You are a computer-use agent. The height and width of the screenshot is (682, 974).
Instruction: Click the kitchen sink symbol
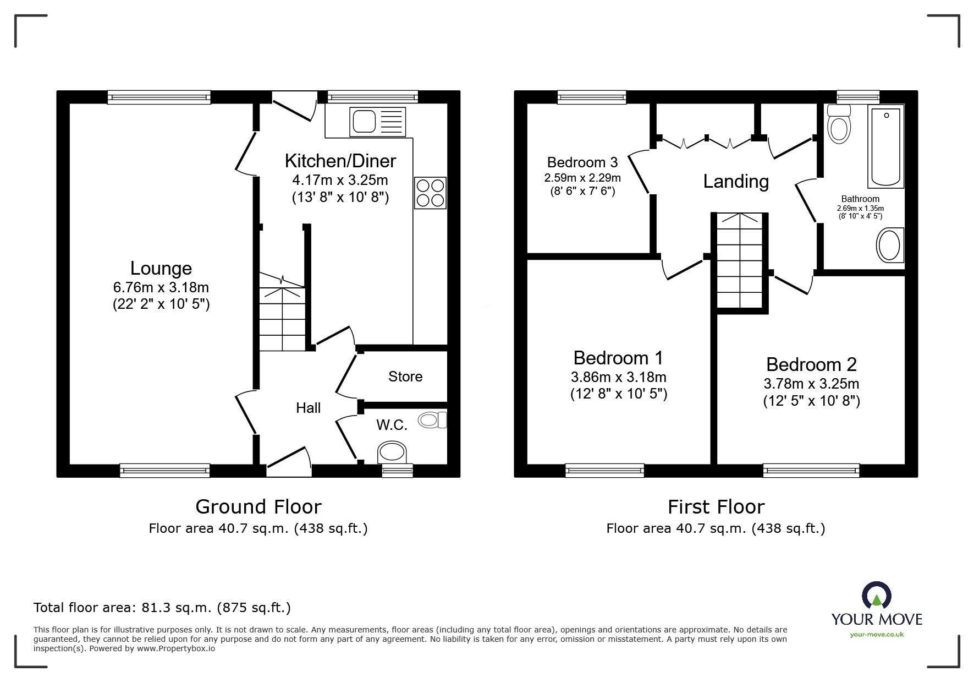[x=378, y=122]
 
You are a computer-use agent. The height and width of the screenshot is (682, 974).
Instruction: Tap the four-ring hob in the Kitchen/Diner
[x=430, y=193]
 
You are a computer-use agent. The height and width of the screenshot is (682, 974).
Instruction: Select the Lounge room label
[x=161, y=268]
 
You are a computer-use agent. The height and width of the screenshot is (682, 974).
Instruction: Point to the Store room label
[x=405, y=377]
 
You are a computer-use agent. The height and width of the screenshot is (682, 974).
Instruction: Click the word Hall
[x=308, y=408]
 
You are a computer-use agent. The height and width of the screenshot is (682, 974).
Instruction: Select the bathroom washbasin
[x=889, y=245]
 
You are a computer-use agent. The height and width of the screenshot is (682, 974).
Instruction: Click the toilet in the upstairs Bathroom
[x=839, y=124]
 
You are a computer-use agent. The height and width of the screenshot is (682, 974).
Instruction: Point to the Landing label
[x=735, y=181]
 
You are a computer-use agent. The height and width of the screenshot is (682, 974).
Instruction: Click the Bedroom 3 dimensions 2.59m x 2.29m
[x=582, y=178]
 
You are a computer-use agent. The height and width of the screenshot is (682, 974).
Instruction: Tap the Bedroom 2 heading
[x=811, y=364]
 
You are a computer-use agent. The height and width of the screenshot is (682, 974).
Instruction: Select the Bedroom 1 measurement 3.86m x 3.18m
[x=618, y=377]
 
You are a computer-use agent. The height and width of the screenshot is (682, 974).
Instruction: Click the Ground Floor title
[x=258, y=506]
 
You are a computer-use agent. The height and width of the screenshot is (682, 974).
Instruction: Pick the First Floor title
[x=716, y=506]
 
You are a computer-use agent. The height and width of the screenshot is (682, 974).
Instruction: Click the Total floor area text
[x=162, y=608]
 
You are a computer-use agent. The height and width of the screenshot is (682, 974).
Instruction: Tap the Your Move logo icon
[x=876, y=596]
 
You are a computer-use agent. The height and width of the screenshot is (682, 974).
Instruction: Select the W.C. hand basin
[x=432, y=421]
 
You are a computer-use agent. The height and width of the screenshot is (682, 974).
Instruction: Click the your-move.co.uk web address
[x=877, y=635]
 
